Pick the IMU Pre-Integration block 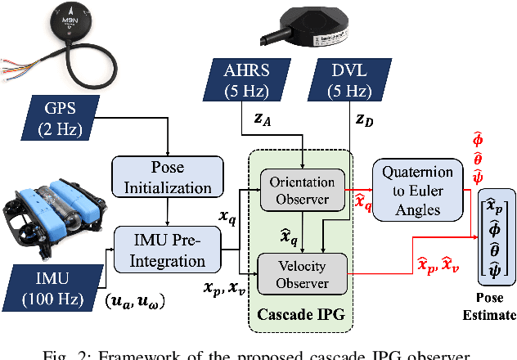click(x=166, y=250)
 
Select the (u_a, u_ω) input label click(x=134, y=304)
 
